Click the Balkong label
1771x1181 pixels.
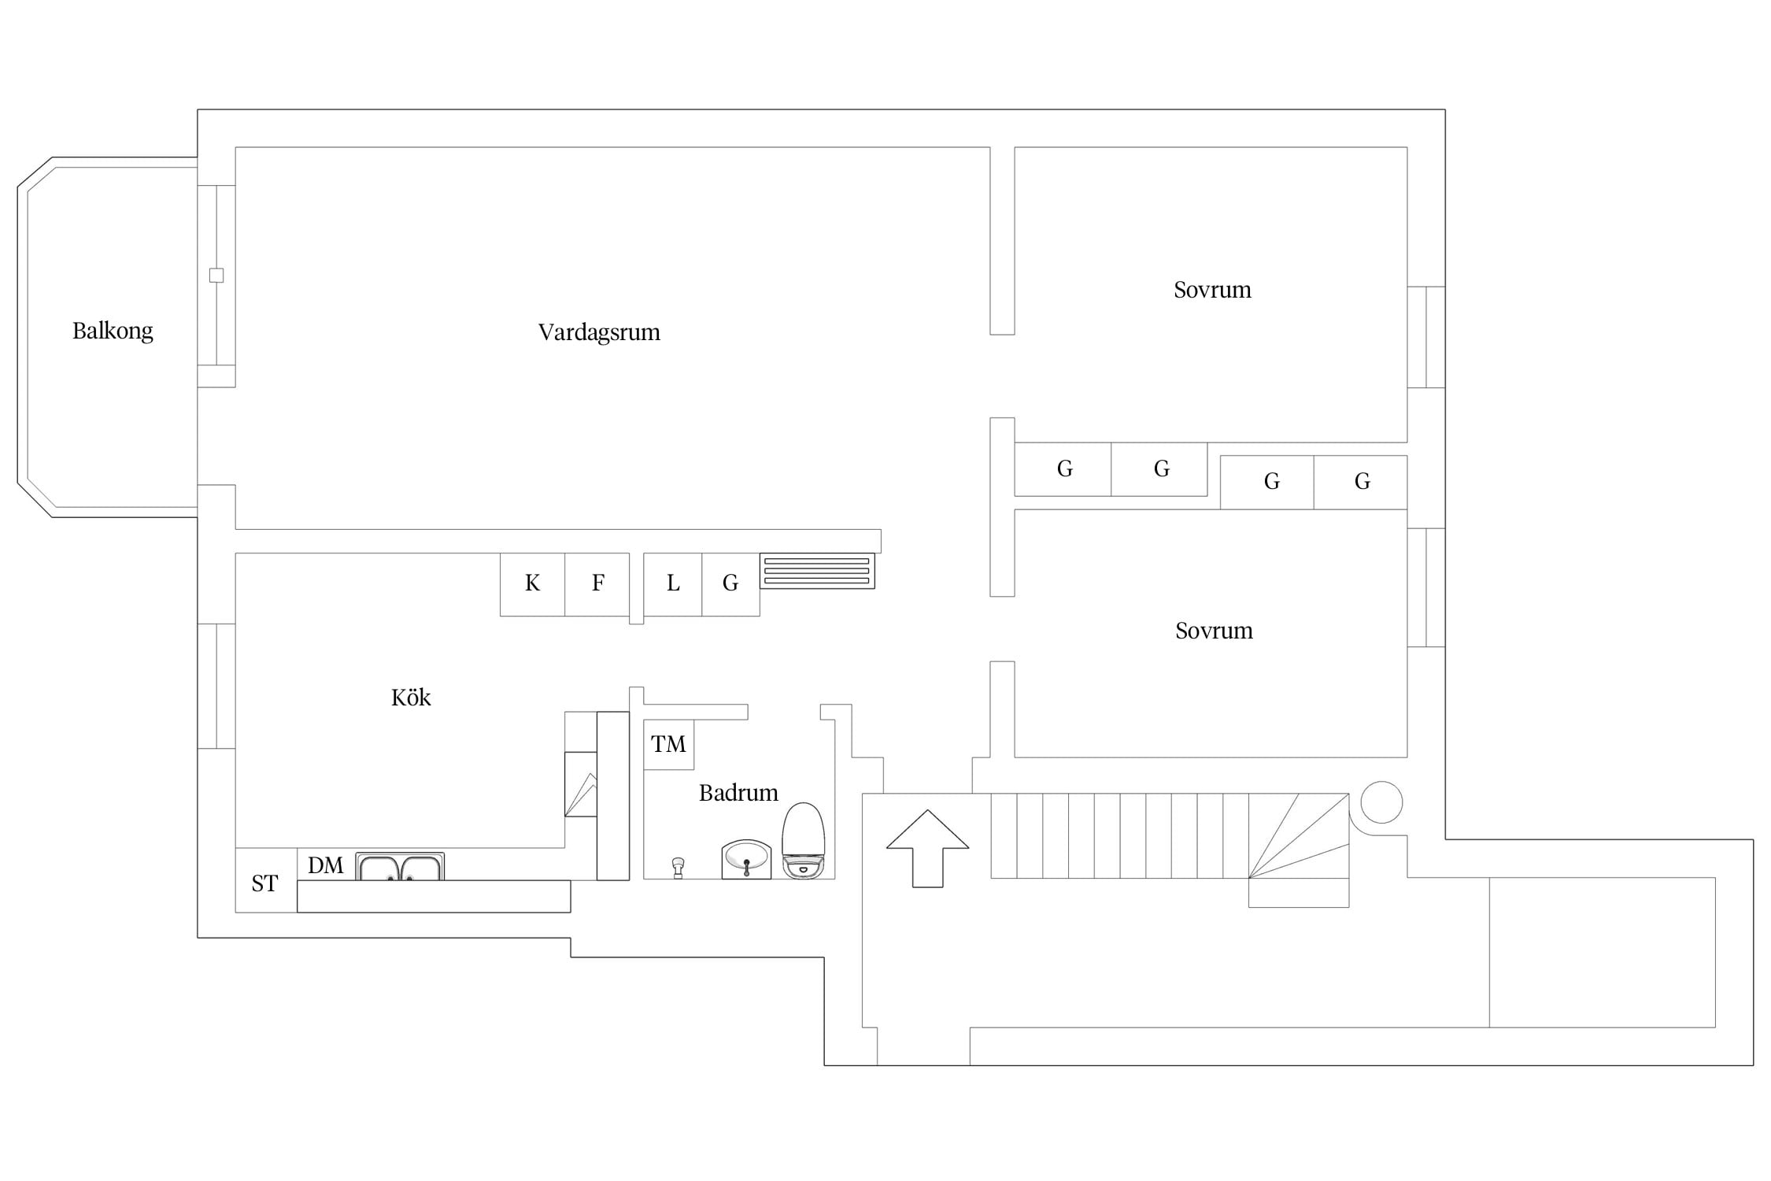tap(113, 331)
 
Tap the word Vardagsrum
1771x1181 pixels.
tap(599, 332)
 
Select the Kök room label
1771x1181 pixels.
tap(411, 697)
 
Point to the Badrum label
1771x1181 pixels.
tap(738, 792)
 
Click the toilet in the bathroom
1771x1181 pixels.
tap(803, 841)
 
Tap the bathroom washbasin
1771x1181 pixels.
tap(746, 859)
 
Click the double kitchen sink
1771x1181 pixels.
tap(400, 866)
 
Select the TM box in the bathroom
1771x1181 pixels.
tap(668, 744)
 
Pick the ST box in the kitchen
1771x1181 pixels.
tap(266, 880)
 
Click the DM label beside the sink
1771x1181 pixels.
tap(326, 865)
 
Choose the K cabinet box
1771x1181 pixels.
tap(533, 584)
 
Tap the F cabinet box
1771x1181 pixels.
tap(597, 584)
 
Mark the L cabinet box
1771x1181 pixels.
tap(673, 584)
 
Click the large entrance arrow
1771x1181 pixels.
tap(927, 849)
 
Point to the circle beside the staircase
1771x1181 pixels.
tap(1381, 802)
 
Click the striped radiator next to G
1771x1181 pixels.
tap(817, 572)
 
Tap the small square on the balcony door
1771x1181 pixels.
tap(216, 276)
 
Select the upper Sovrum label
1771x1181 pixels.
tap(1212, 290)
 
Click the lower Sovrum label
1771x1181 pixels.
tap(1214, 631)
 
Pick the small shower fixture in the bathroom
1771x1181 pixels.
tap(678, 868)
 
